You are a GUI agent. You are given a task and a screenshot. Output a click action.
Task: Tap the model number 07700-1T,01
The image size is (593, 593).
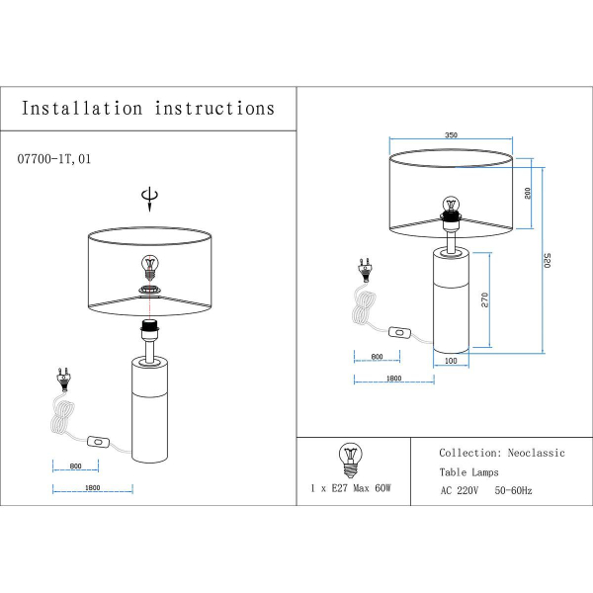point(55,157)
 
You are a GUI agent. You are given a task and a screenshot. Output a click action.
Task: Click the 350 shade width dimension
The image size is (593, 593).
point(451,134)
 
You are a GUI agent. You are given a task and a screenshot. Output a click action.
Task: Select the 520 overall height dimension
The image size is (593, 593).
point(548,262)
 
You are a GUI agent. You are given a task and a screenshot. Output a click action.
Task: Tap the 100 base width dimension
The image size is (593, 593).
point(451,362)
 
